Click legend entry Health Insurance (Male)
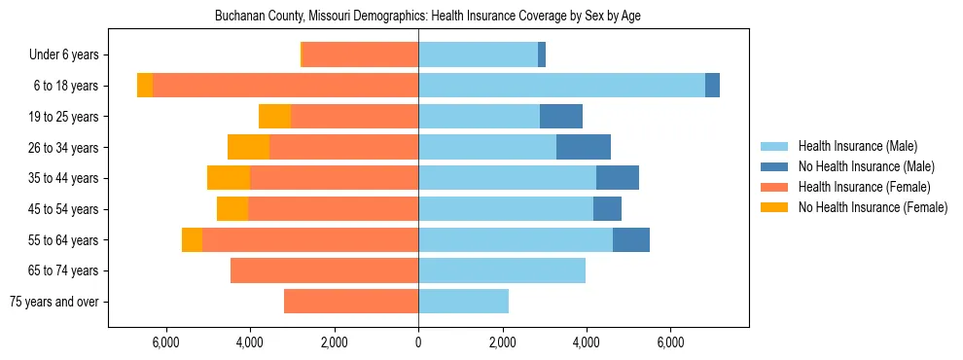point(857,146)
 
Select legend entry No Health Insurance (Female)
point(873,207)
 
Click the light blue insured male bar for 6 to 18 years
point(561,86)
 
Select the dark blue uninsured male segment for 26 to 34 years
point(584,147)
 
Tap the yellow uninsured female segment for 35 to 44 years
point(229,178)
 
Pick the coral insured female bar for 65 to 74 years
point(324,270)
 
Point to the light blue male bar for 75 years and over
point(463,302)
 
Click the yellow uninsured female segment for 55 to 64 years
point(192,239)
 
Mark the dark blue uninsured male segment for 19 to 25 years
point(561,117)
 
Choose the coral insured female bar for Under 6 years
point(360,54)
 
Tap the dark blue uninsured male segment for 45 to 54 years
point(607,209)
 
